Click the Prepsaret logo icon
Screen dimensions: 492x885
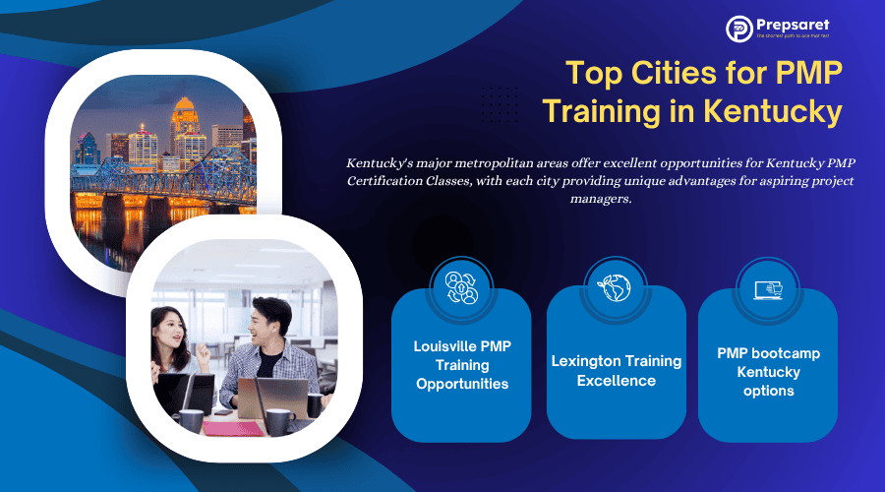(739, 29)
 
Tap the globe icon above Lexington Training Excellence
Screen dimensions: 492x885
(616, 286)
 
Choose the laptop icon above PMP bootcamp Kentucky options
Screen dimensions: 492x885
(768, 289)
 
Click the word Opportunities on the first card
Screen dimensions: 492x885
(461, 384)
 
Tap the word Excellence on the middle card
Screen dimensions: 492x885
(616, 381)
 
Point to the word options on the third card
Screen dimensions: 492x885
(768, 391)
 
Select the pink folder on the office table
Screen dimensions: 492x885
(232, 428)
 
